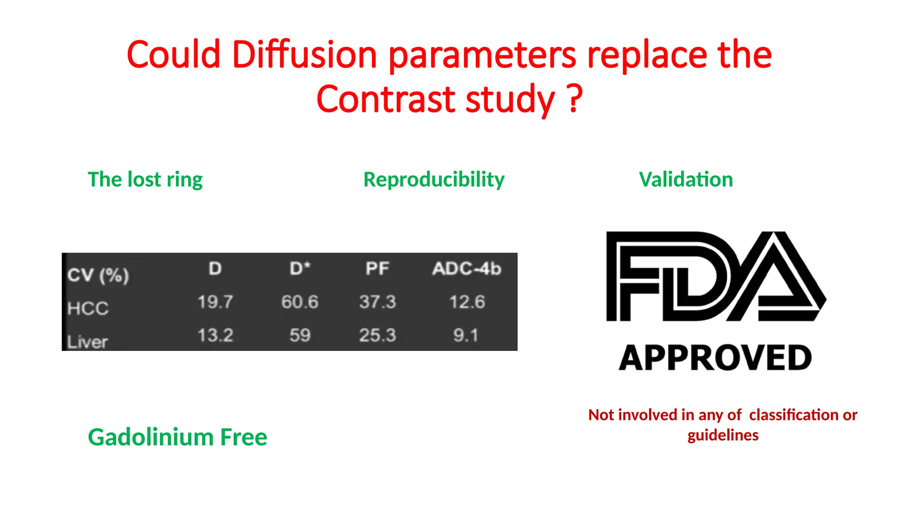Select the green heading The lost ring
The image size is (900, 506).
(145, 180)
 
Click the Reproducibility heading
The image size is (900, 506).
(434, 180)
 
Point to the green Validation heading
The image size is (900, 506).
(686, 180)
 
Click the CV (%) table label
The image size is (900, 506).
(98, 275)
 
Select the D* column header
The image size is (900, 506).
(300, 268)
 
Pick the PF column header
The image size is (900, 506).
(377, 268)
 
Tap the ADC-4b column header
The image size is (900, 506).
(466, 268)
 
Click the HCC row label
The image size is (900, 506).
(88, 308)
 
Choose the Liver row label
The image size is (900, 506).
(87, 342)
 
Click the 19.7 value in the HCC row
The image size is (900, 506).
(215, 302)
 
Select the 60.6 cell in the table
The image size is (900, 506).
(300, 302)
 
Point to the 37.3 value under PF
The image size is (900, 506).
(377, 302)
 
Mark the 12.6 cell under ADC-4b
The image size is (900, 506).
(467, 302)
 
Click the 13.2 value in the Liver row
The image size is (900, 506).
(215, 335)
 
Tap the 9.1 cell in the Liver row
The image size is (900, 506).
(465, 335)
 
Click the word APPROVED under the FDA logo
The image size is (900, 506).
(715, 358)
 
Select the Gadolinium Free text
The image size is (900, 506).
(178, 437)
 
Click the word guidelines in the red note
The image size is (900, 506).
(723, 435)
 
